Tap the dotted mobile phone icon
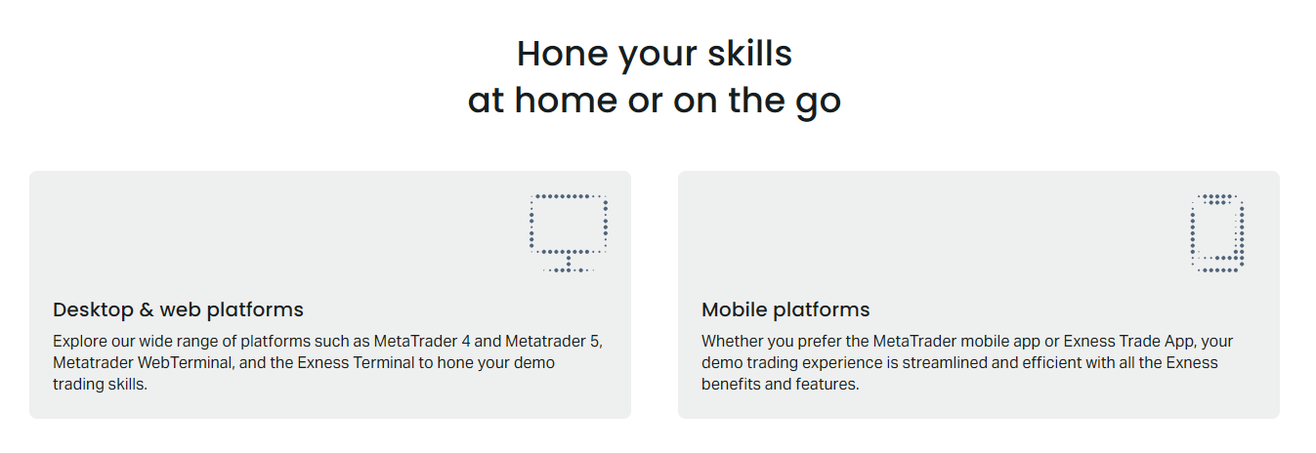coord(1217,232)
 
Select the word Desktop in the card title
coord(91,310)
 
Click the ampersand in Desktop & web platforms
coord(147,310)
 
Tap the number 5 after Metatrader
coord(599,342)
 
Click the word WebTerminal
coord(173,363)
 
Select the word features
coord(828,385)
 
